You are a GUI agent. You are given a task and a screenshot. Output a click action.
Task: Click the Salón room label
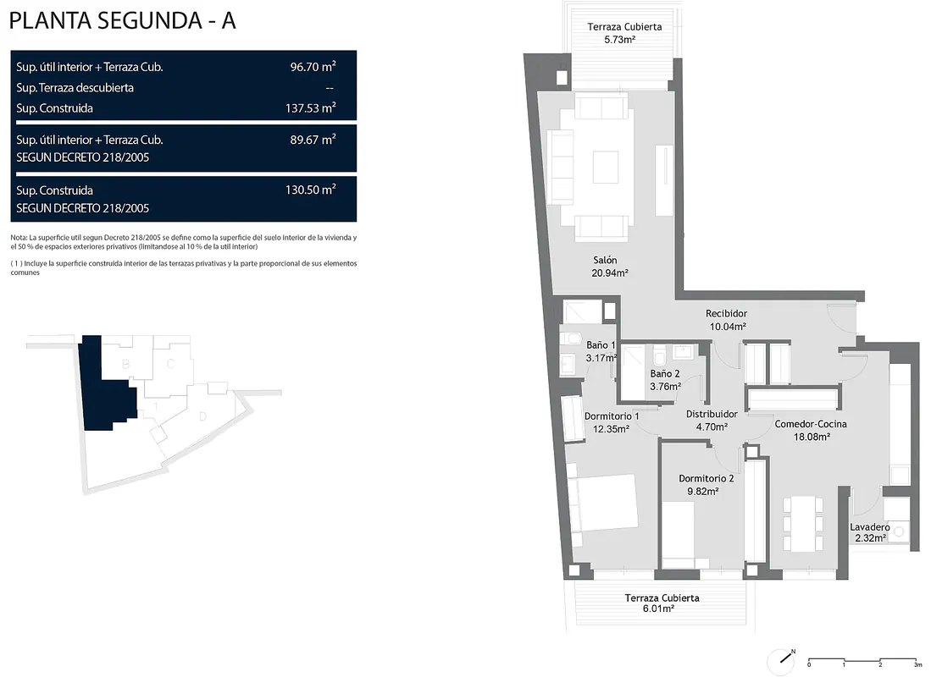click(605, 260)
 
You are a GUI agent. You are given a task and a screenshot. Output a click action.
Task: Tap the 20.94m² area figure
click(610, 273)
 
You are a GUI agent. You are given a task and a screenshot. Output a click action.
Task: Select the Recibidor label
click(726, 313)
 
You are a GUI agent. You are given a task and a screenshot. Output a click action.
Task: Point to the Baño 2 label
click(664, 373)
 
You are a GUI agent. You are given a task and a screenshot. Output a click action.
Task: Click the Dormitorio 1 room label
click(612, 416)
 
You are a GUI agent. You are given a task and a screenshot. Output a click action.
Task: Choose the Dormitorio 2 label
click(706, 478)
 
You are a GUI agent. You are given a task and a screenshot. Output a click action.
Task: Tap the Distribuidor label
click(712, 414)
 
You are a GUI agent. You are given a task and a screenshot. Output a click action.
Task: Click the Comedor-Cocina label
click(811, 424)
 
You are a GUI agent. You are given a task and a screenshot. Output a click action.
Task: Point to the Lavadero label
click(869, 527)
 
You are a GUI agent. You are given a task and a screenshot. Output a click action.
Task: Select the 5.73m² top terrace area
click(620, 40)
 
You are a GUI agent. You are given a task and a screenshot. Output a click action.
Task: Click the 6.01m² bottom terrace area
click(658, 608)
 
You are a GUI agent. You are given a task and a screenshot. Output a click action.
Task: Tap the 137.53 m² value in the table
click(311, 107)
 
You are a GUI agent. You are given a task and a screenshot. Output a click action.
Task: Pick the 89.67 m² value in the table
click(313, 140)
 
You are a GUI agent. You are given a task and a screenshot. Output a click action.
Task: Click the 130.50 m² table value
click(311, 190)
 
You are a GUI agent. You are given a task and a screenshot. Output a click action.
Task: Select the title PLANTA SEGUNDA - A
click(122, 21)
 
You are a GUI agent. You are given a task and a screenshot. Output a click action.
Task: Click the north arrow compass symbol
click(782, 660)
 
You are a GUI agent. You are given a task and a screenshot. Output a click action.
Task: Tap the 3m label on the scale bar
click(918, 665)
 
